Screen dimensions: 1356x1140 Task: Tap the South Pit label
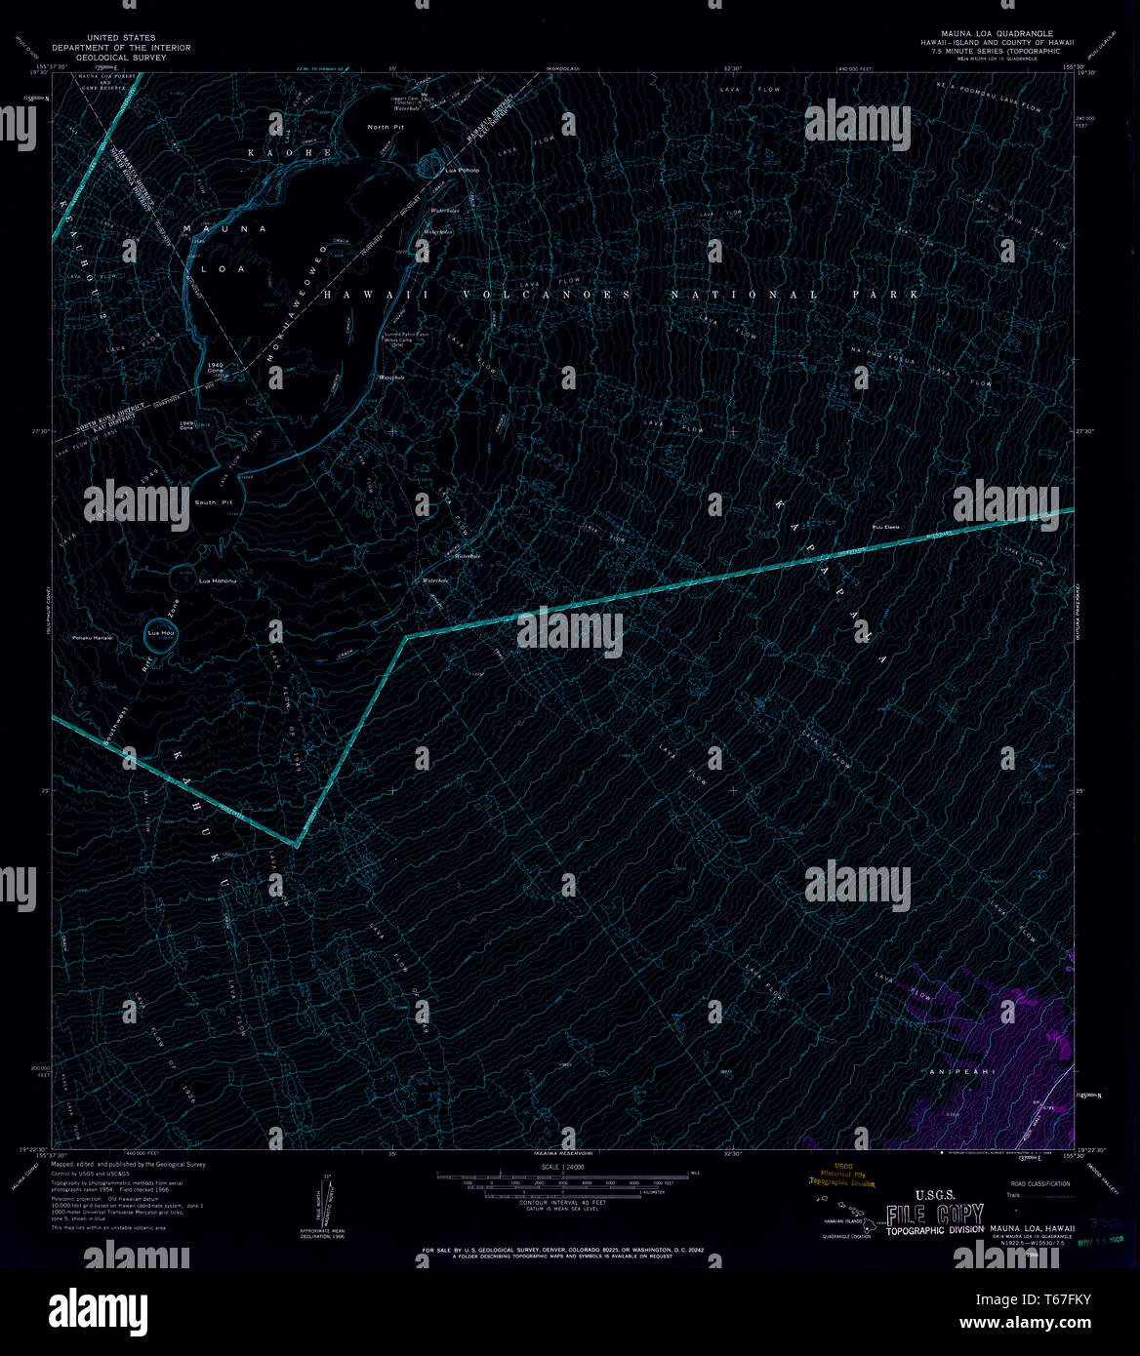[x=212, y=502]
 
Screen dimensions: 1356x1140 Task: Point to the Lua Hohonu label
[x=218, y=581]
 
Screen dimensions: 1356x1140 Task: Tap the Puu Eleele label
[x=886, y=528]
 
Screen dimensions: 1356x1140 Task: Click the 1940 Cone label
[x=217, y=368]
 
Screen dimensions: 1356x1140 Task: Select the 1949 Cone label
[x=187, y=425]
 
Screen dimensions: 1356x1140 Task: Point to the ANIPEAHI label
[x=962, y=1072]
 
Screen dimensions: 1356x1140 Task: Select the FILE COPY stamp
[x=934, y=1216]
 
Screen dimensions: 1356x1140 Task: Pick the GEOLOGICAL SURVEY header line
[x=121, y=58]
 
